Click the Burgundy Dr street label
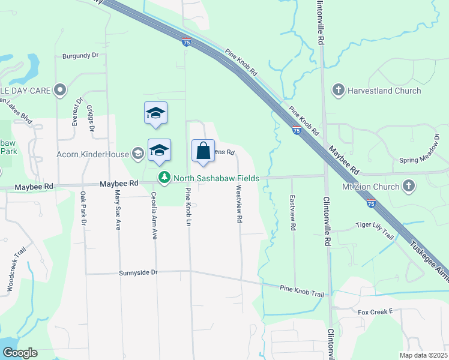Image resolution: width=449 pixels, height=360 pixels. pyautogui.click(x=80, y=56)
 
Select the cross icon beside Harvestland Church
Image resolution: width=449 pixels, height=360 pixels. pyautogui.click(x=338, y=91)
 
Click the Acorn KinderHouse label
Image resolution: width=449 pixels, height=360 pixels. pyautogui.click(x=93, y=154)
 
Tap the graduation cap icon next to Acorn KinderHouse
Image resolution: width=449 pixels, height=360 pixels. pyautogui.click(x=137, y=154)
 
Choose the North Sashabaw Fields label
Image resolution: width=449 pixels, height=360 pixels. pyautogui.click(x=216, y=178)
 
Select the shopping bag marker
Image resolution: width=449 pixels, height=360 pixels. pyautogui.click(x=203, y=150)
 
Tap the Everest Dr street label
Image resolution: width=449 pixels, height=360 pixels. pyautogui.click(x=76, y=111)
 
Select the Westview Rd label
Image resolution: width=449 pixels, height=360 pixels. pyautogui.click(x=239, y=204)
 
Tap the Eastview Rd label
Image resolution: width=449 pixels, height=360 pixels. pyautogui.click(x=293, y=213)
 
